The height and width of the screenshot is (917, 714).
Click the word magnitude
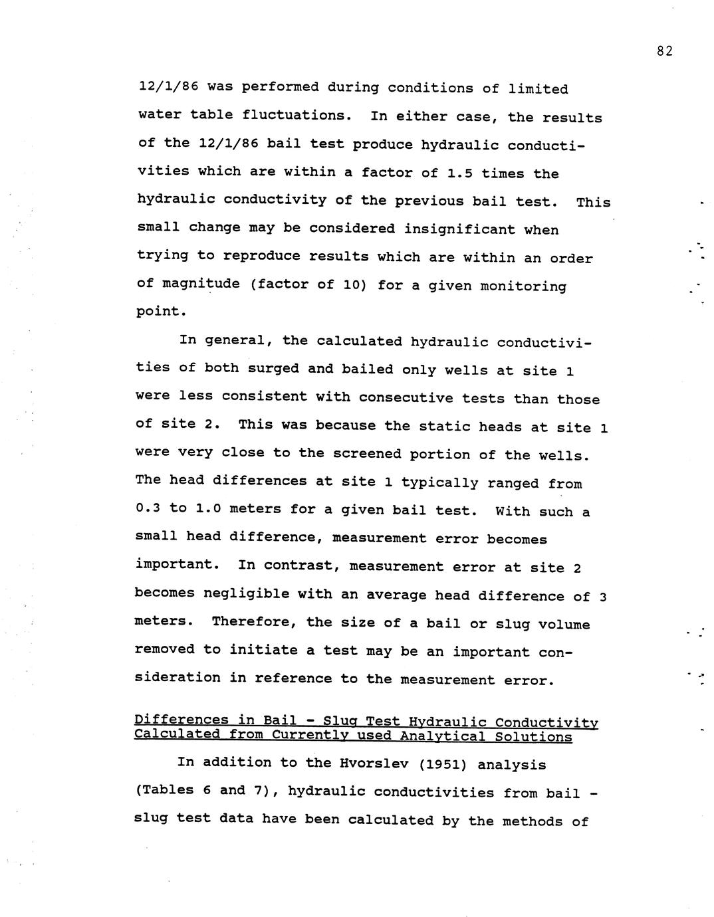[x=197, y=284]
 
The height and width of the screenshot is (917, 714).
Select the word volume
[x=564, y=625]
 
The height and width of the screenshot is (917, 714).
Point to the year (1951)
[x=444, y=764]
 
